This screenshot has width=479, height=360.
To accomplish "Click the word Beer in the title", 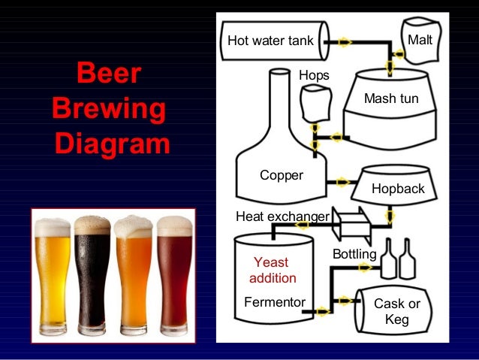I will click(108, 76).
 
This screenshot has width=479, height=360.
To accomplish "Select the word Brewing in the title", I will click(108, 109).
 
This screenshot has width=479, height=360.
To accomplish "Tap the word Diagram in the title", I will click(111, 142).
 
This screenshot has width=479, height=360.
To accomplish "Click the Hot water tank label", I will click(270, 40).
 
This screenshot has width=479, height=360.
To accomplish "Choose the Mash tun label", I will click(391, 98).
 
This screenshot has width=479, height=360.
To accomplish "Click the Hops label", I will click(314, 75).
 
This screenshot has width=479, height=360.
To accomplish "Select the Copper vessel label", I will click(282, 175).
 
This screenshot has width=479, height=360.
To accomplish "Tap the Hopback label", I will click(398, 189).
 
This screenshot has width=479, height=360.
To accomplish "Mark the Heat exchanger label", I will click(282, 217).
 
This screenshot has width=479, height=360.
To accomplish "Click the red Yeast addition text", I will click(272, 270).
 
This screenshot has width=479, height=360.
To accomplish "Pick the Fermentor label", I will click(275, 302).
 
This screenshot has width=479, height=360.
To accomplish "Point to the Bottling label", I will click(354, 255).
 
